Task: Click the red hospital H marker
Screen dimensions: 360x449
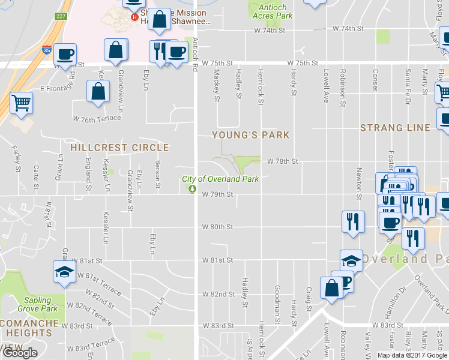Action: [x=135, y=17]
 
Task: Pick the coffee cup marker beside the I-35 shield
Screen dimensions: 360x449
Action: [x=65, y=55]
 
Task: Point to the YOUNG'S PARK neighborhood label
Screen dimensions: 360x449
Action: [x=250, y=135]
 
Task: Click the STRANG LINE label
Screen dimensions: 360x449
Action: [x=395, y=128]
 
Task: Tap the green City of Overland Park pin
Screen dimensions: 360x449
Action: [x=191, y=189]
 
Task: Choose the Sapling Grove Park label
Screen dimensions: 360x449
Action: [x=41, y=304]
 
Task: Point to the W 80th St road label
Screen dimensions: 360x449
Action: [x=217, y=227]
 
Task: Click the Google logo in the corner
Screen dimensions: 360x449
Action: [x=20, y=353]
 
